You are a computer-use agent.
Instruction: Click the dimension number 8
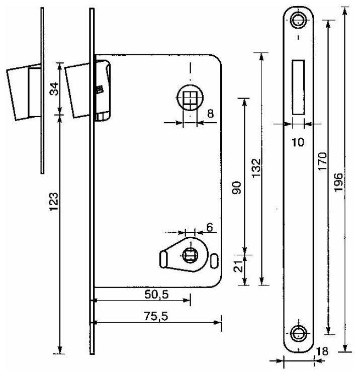[x=210, y=114]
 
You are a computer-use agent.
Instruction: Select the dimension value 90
[x=238, y=187]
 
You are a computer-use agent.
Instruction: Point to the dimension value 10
[x=298, y=142]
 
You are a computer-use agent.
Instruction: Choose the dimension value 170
[x=322, y=162]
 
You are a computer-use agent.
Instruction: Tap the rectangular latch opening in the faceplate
[x=298, y=86]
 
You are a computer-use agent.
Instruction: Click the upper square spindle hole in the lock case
[x=190, y=98]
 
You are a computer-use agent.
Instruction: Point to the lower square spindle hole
[x=190, y=256]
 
